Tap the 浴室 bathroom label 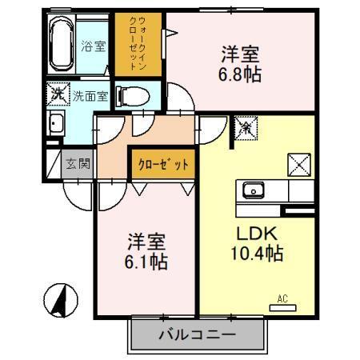[x=94, y=46]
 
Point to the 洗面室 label [x=91, y=96]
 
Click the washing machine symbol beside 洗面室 [x=58, y=94]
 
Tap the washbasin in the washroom [x=56, y=124]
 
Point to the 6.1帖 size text [x=146, y=261]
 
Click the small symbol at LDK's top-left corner [x=245, y=126]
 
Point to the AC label [x=282, y=299]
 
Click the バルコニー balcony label [x=197, y=334]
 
